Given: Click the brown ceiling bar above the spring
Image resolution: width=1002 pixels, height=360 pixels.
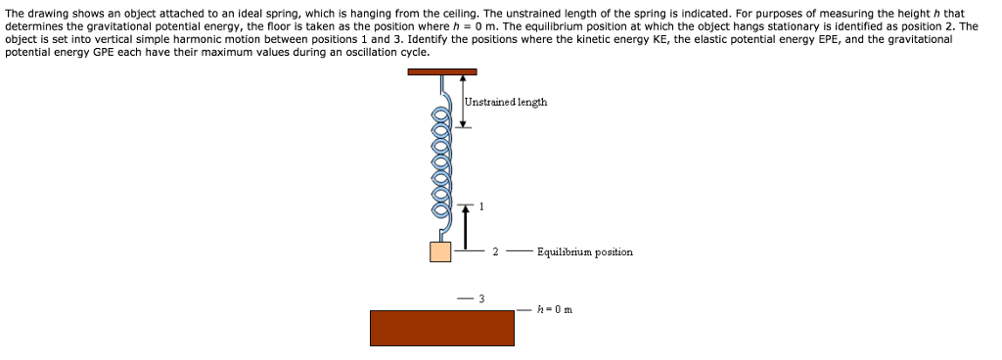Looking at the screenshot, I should pyautogui.click(x=442, y=71).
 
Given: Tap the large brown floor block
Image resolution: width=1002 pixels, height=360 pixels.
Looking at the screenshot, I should pyautogui.click(x=441, y=328).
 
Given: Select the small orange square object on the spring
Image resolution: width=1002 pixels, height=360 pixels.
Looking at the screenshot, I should pyautogui.click(x=440, y=251).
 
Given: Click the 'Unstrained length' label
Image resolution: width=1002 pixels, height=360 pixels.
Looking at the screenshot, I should pyautogui.click(x=506, y=102).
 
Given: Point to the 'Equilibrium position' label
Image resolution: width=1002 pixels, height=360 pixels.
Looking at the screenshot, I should pyautogui.click(x=584, y=252).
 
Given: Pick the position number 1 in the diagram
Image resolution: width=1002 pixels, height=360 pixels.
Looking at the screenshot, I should pyautogui.click(x=481, y=206).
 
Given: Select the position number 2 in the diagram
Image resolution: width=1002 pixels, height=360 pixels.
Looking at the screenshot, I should pyautogui.click(x=495, y=252).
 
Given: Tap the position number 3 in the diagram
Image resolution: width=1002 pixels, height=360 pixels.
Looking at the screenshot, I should pyautogui.click(x=481, y=297).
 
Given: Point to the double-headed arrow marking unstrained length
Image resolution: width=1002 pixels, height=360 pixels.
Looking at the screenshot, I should pyautogui.click(x=463, y=100).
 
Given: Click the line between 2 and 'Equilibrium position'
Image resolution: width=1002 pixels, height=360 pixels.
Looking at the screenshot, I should pyautogui.click(x=519, y=252).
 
